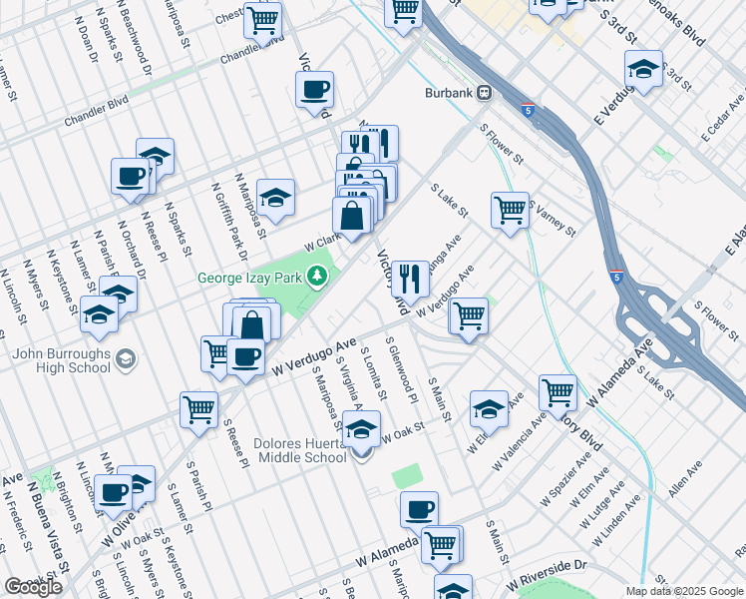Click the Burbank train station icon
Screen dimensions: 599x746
click(x=485, y=92)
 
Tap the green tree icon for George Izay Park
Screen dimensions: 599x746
click(x=318, y=276)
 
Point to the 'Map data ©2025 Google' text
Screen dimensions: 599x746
click(x=684, y=591)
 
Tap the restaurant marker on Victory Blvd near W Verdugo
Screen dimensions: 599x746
click(x=410, y=277)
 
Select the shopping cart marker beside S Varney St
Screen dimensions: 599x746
click(x=510, y=210)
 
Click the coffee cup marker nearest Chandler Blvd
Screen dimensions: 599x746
click(x=315, y=90)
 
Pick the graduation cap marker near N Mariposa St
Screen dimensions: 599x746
click(x=276, y=195)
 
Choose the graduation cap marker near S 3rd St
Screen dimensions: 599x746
click(x=643, y=68)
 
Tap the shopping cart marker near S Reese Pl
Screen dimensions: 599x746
click(x=199, y=407)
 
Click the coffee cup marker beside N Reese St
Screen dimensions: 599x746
click(x=131, y=175)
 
